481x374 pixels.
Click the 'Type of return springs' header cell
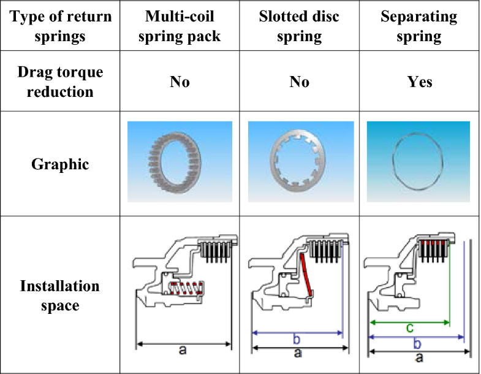click(61, 26)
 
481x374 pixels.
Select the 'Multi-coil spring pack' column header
click(180, 26)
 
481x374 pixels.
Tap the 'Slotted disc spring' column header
click(299, 26)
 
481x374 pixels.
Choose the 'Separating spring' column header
click(419, 26)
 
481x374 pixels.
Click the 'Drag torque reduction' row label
click(61, 82)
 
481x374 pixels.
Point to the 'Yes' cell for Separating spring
click(420, 82)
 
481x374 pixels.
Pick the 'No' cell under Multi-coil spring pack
click(180, 82)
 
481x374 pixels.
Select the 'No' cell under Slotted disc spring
click(299, 82)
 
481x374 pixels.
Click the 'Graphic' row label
click(61, 164)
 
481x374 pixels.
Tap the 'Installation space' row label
click(61, 296)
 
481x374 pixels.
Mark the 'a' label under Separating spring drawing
click(419, 357)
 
